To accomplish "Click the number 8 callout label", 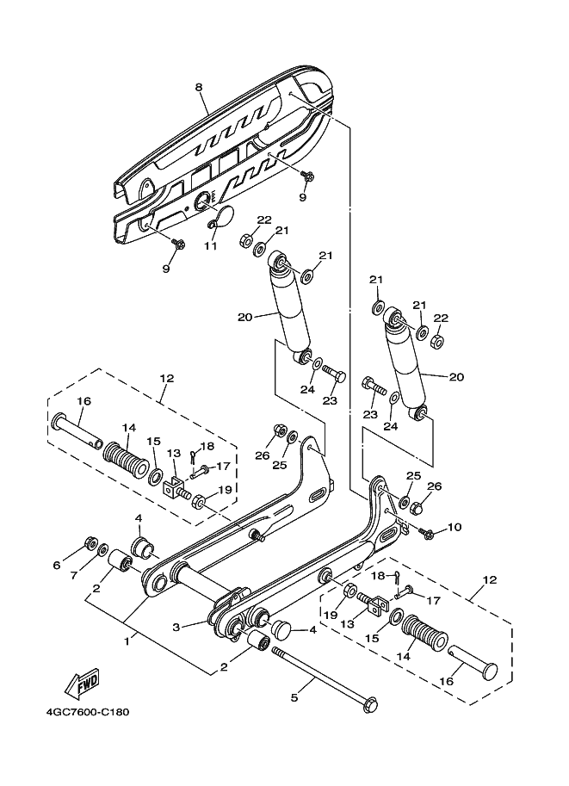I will [x=198, y=87].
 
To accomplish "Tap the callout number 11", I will [x=209, y=245].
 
